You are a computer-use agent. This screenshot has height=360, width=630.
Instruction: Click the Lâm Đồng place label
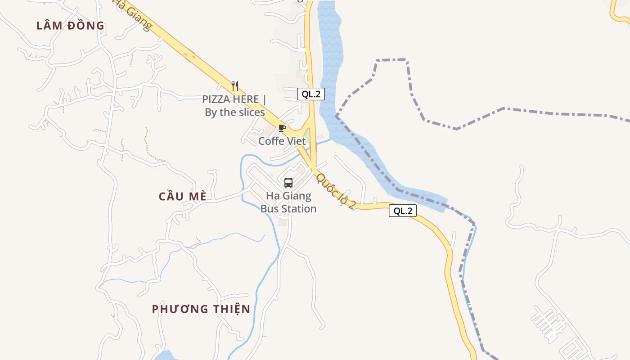click(x=70, y=26)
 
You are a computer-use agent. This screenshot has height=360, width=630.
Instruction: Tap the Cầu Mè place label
click(x=183, y=197)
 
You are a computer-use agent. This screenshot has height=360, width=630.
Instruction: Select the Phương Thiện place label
click(x=201, y=309)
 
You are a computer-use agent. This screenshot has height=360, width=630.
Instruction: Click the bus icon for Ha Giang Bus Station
click(x=288, y=183)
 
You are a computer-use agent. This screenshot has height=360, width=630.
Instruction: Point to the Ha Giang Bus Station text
click(x=288, y=202)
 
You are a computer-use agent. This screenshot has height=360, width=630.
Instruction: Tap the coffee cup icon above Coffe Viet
click(x=282, y=128)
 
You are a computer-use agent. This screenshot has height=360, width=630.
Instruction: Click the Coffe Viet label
click(x=282, y=141)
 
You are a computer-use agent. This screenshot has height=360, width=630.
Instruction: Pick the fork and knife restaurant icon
click(x=234, y=85)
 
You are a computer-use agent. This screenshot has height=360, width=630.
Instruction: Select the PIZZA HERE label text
click(x=234, y=99)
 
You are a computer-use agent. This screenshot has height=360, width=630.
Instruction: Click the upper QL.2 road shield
click(x=310, y=94)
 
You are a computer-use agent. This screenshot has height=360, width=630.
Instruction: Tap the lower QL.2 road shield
click(x=403, y=211)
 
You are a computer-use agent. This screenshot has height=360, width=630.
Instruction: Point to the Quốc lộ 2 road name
click(x=336, y=191)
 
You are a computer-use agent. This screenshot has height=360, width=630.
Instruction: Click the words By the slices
click(x=235, y=112)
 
